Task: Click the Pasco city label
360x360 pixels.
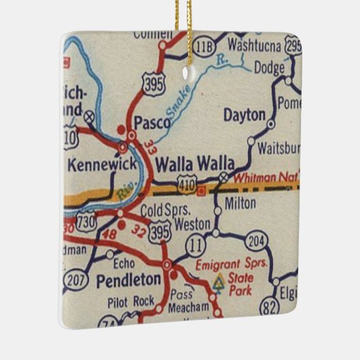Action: [148, 122]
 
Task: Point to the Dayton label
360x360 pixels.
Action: [244, 115]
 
